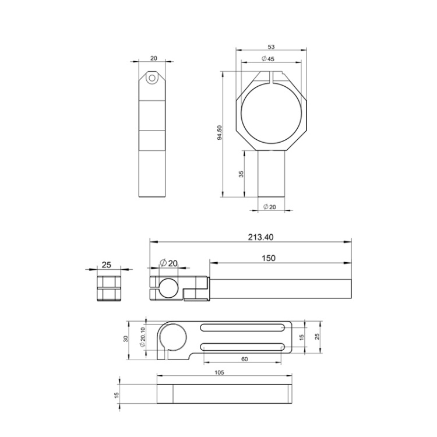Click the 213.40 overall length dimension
pyautogui.click(x=260, y=237)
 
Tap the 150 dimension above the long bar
pyautogui.click(x=269, y=258)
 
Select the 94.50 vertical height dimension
pyautogui.click(x=220, y=133)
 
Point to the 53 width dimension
pyautogui.click(x=271, y=47)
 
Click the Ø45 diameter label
pyautogui.click(x=268, y=58)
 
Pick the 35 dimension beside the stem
pyautogui.click(x=241, y=174)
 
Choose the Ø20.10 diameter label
pyautogui.click(x=143, y=337)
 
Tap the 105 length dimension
pyautogui.click(x=219, y=372)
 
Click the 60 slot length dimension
pyautogui.click(x=244, y=360)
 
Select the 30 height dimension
pyautogui.click(x=126, y=339)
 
